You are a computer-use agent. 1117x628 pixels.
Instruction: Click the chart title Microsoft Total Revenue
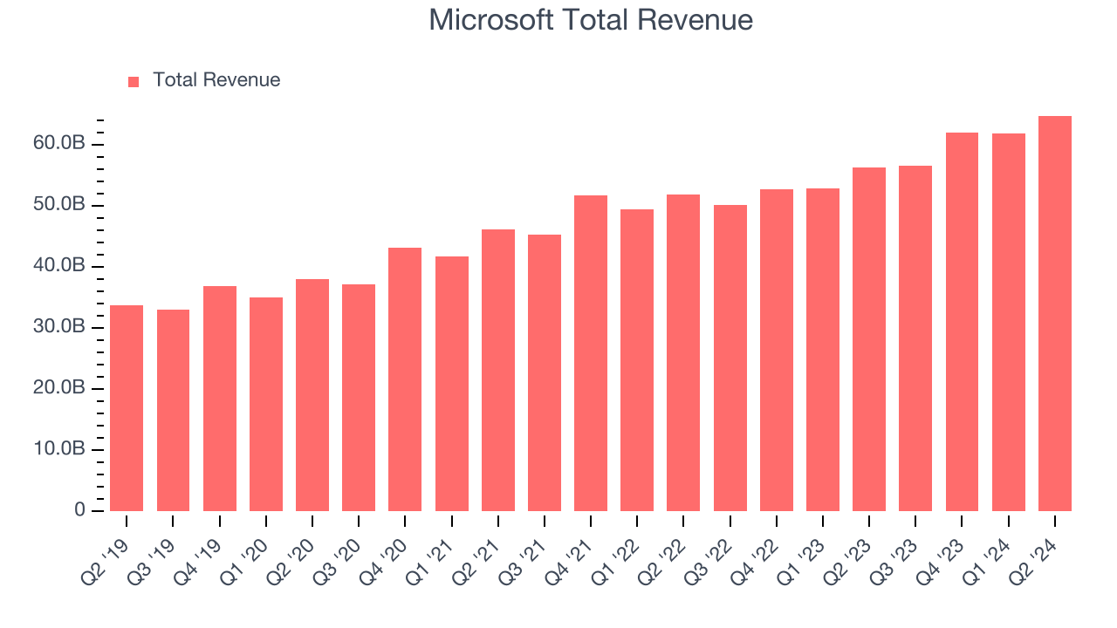pos(590,20)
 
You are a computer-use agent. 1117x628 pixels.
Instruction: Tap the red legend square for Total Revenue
pos(134,81)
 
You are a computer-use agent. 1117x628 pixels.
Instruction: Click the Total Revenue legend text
pos(216,80)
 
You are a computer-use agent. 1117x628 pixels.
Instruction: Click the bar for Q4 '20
pos(405,379)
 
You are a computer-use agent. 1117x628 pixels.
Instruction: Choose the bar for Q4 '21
pos(591,353)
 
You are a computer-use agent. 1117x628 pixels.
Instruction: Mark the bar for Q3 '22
pos(730,358)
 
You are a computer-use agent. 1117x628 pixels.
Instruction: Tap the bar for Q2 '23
pos(869,339)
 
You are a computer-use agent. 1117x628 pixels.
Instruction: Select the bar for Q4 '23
pos(962,322)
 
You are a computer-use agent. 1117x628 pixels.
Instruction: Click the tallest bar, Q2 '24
pos(1054,314)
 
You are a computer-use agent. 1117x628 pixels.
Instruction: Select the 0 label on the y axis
pos(80,510)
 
